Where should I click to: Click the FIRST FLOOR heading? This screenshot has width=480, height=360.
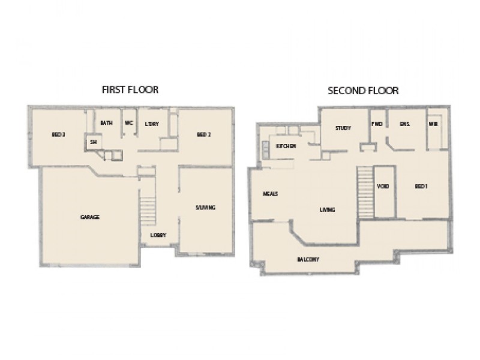[x=130, y=90]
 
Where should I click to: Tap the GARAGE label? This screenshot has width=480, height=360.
[x=89, y=217]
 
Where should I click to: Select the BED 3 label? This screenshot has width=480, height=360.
[x=58, y=134]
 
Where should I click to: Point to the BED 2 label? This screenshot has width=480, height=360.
[x=204, y=134]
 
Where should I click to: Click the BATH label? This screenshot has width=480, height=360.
[x=106, y=123]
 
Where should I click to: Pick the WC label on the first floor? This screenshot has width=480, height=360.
[x=128, y=123]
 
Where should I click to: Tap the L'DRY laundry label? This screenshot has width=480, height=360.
[x=151, y=123]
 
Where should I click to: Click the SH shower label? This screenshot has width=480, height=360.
[x=93, y=142]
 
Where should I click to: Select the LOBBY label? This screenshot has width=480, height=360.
[x=158, y=235]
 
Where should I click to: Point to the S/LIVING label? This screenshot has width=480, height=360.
[x=205, y=208]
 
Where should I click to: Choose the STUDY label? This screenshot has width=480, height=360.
[x=343, y=128]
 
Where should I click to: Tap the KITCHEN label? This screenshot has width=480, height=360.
[x=286, y=146]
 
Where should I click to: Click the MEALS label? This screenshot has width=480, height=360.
[x=269, y=194]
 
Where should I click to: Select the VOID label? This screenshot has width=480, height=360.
[x=383, y=187]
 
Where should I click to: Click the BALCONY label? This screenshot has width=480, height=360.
[x=307, y=259]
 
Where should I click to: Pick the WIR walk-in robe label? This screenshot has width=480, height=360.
[x=433, y=124]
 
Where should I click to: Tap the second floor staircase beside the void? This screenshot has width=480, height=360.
[x=364, y=190]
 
